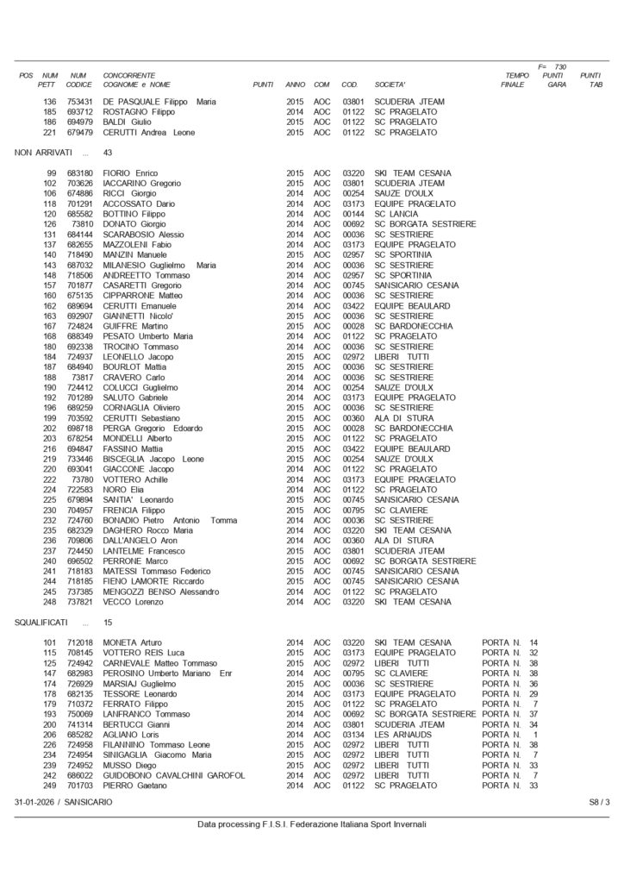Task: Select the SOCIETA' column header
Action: click(x=390, y=85)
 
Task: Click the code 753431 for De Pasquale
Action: click(x=79, y=102)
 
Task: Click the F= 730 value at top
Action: click(x=552, y=66)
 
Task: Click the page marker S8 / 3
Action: click(x=599, y=802)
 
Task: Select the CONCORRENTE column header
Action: click(x=129, y=76)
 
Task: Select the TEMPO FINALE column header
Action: click(x=516, y=80)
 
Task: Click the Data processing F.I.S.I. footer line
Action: click(x=312, y=824)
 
